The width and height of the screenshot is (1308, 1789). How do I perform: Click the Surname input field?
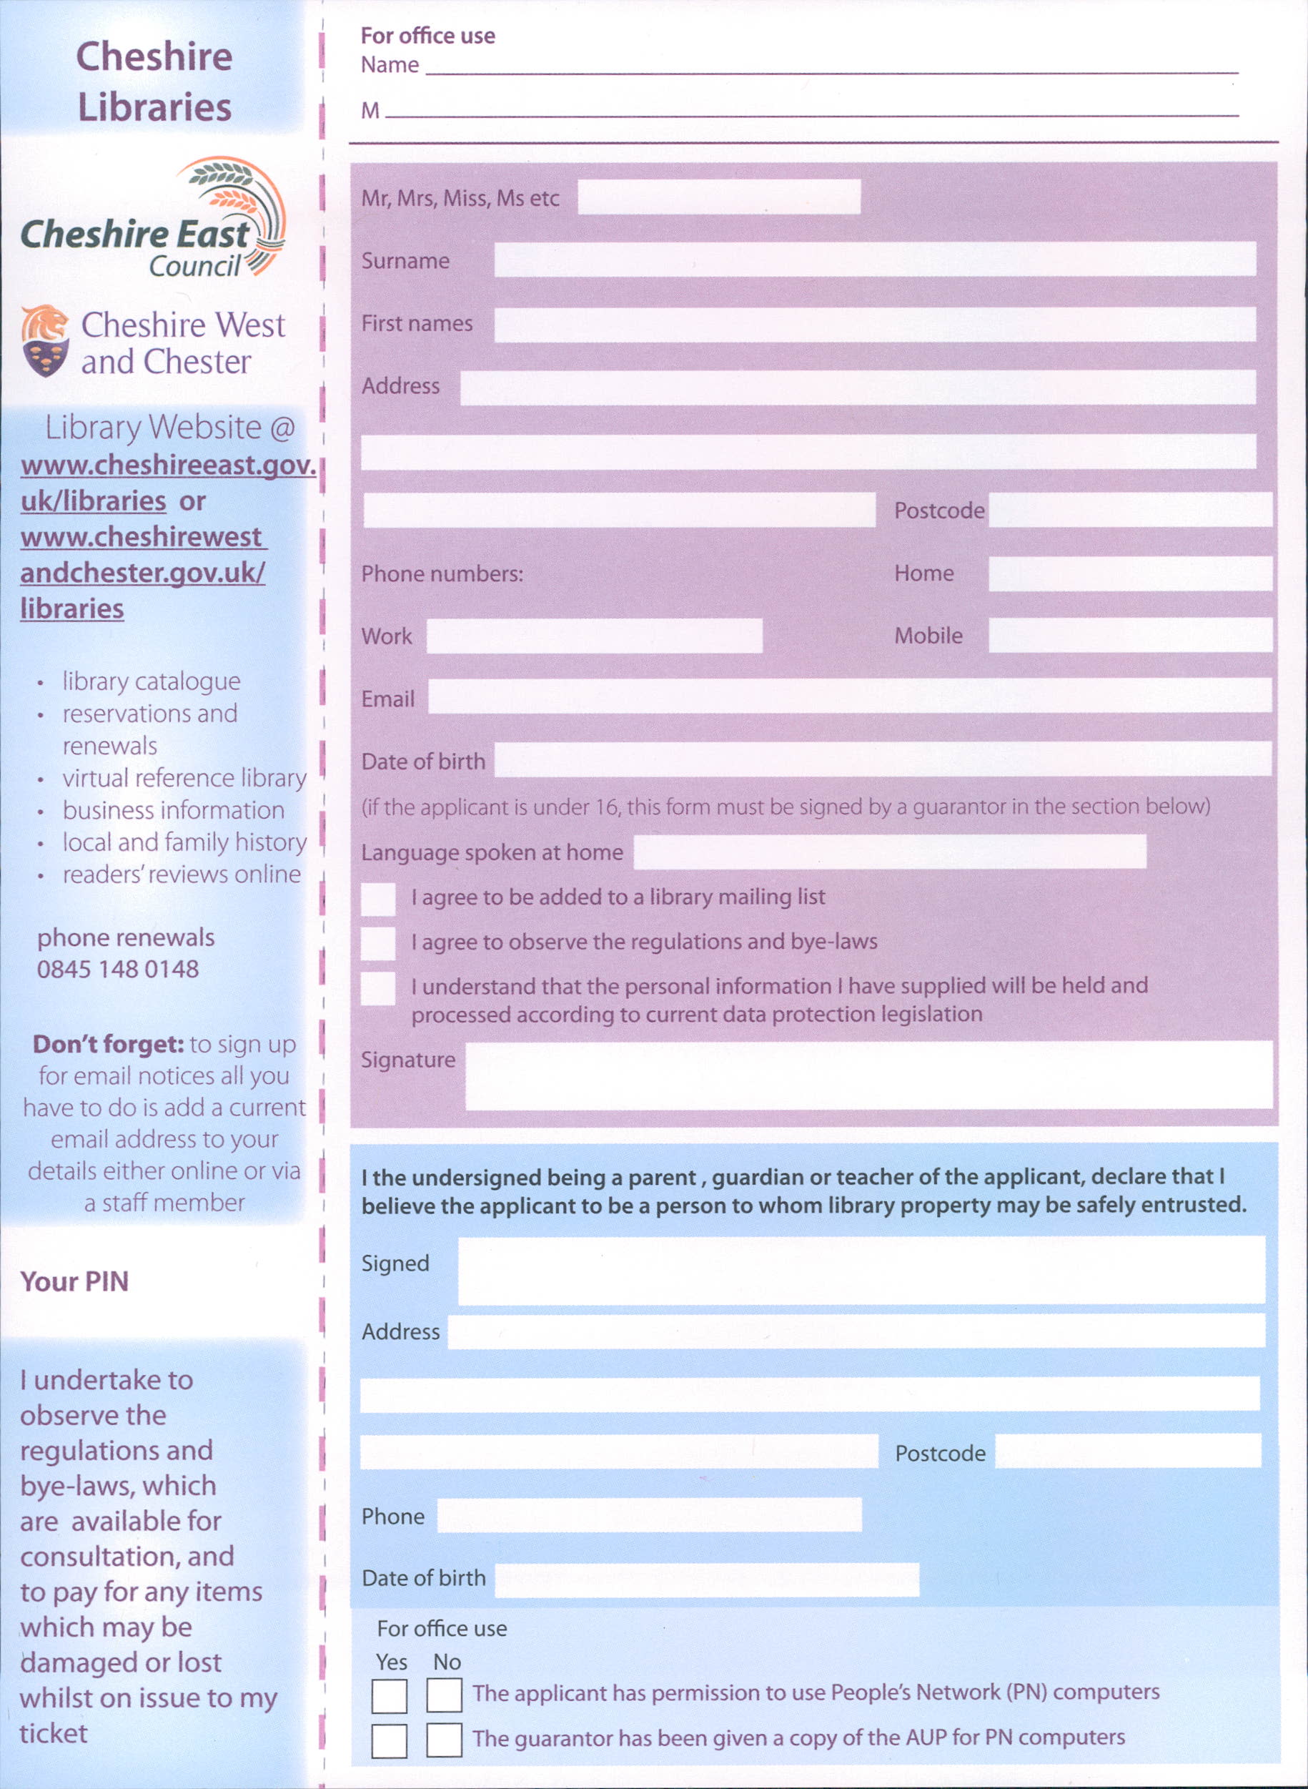(x=874, y=259)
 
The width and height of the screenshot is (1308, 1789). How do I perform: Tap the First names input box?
(x=874, y=324)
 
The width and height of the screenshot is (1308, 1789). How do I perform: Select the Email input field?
(x=849, y=695)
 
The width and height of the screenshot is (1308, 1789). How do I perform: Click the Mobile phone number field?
(x=1129, y=635)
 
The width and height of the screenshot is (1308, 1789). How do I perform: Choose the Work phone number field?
(x=594, y=636)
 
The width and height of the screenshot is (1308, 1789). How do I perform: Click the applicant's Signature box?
(x=868, y=1075)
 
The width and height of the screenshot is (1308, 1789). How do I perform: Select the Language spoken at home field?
(x=889, y=852)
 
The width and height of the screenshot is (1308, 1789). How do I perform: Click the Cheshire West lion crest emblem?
(x=44, y=340)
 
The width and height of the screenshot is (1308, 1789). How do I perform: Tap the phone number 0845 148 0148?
(x=118, y=969)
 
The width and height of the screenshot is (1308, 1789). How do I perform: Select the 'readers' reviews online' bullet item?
(x=182, y=874)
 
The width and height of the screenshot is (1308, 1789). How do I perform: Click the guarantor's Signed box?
(x=861, y=1271)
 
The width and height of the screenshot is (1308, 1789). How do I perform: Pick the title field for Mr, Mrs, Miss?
(x=718, y=197)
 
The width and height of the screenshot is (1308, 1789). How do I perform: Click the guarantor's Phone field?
(x=648, y=1515)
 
